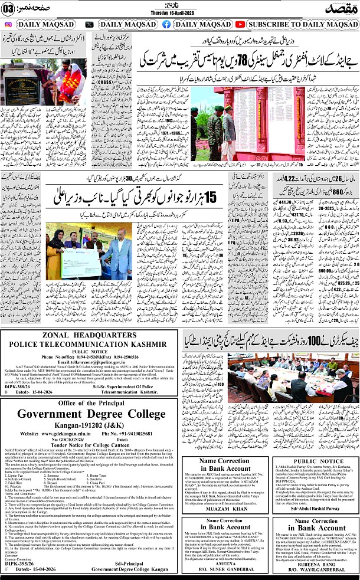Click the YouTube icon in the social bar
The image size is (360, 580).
coord(240,24)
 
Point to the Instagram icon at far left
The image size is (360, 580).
coord(8,24)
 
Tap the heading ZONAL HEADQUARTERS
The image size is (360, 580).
coord(90,352)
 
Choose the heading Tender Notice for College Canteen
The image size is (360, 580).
coord(90,462)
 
